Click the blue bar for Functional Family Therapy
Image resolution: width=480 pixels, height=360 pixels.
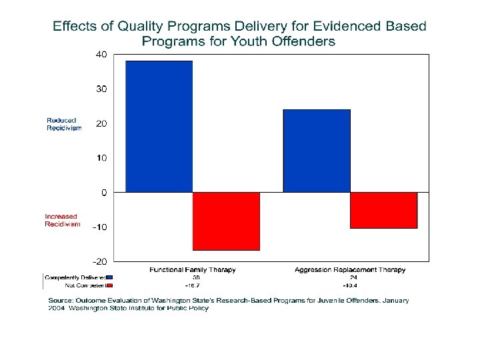(x=159, y=126)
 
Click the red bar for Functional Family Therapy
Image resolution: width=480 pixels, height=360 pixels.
(x=226, y=221)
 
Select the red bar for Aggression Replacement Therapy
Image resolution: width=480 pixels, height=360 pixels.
(x=383, y=210)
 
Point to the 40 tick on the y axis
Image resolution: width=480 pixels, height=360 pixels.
(x=101, y=54)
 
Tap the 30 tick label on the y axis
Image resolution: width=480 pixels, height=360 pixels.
(x=101, y=89)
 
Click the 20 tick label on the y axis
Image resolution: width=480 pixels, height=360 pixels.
(x=101, y=123)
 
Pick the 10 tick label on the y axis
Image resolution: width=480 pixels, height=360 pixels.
(x=101, y=158)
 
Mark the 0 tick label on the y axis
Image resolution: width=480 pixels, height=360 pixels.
(x=103, y=193)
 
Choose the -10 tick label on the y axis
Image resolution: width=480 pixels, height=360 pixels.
(x=99, y=227)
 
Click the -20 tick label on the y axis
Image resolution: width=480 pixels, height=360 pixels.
(x=99, y=261)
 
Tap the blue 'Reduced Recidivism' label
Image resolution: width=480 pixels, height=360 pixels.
(x=63, y=124)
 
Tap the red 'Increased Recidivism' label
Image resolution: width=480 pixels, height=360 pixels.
(x=61, y=220)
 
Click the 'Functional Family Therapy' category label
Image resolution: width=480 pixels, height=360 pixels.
(x=193, y=270)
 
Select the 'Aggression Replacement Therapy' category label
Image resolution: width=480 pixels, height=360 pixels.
(x=350, y=270)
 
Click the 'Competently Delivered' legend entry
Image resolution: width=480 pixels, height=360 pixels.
(x=75, y=277)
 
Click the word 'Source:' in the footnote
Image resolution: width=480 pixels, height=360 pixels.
(x=61, y=301)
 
